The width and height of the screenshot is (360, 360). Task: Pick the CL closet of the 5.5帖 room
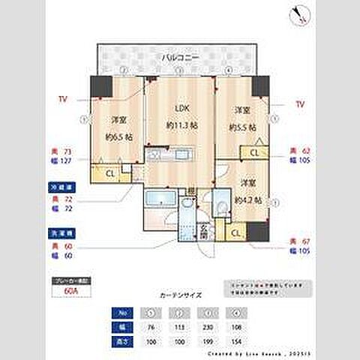click(x=255, y=153)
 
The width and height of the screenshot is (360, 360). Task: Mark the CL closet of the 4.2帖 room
click(x=236, y=234)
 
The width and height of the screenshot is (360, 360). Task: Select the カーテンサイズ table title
click(x=179, y=295)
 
